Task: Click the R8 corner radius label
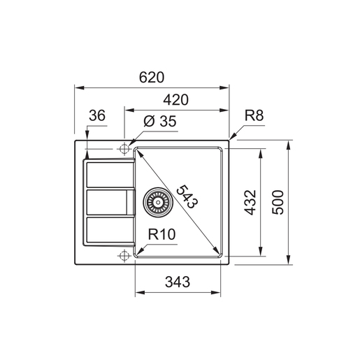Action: pyautogui.click(x=254, y=117)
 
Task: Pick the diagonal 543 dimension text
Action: pyautogui.click(x=187, y=198)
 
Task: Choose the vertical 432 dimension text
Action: pyautogui.click(x=251, y=203)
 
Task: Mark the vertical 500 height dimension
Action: pyautogui.click(x=278, y=203)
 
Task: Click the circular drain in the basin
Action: pyautogui.click(x=157, y=203)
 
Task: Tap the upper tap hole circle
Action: pyautogui.click(x=124, y=148)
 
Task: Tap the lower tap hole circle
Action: pyautogui.click(x=124, y=256)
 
